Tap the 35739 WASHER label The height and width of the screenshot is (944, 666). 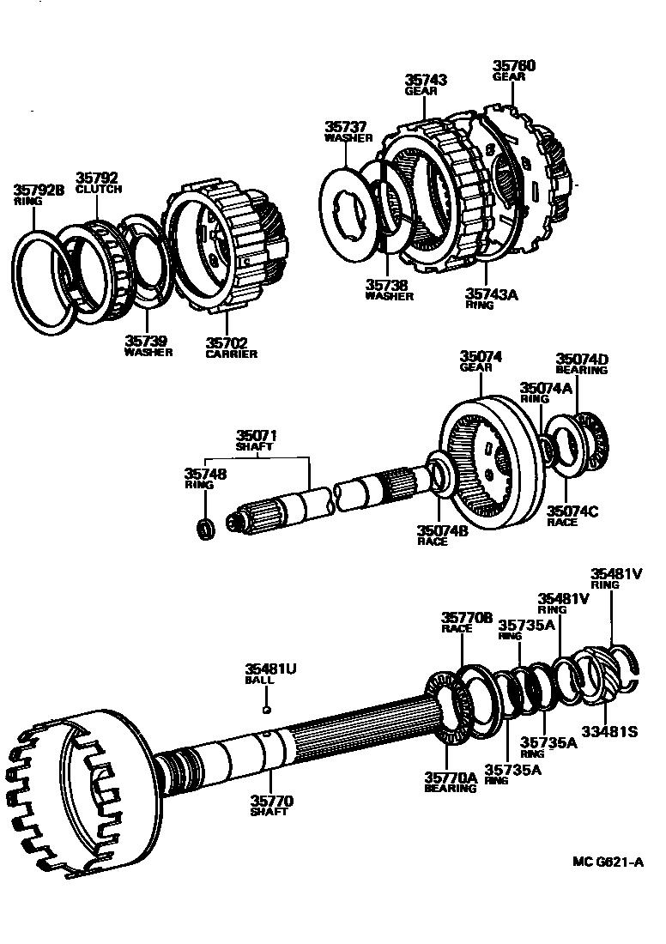pyautogui.click(x=148, y=345)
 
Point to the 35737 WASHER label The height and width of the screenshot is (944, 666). pyautogui.click(x=348, y=131)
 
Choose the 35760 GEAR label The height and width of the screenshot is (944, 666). pyautogui.click(x=513, y=70)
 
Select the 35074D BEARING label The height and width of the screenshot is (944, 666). pyautogui.click(x=581, y=364)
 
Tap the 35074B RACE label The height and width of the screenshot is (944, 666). pyautogui.click(x=442, y=535)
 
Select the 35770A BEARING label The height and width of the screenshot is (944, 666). pyautogui.click(x=450, y=781)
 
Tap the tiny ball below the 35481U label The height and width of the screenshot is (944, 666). pyautogui.click(x=267, y=709)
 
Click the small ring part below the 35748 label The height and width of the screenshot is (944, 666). pyautogui.click(x=206, y=529)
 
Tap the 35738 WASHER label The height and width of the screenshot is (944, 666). pyautogui.click(x=388, y=290)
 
